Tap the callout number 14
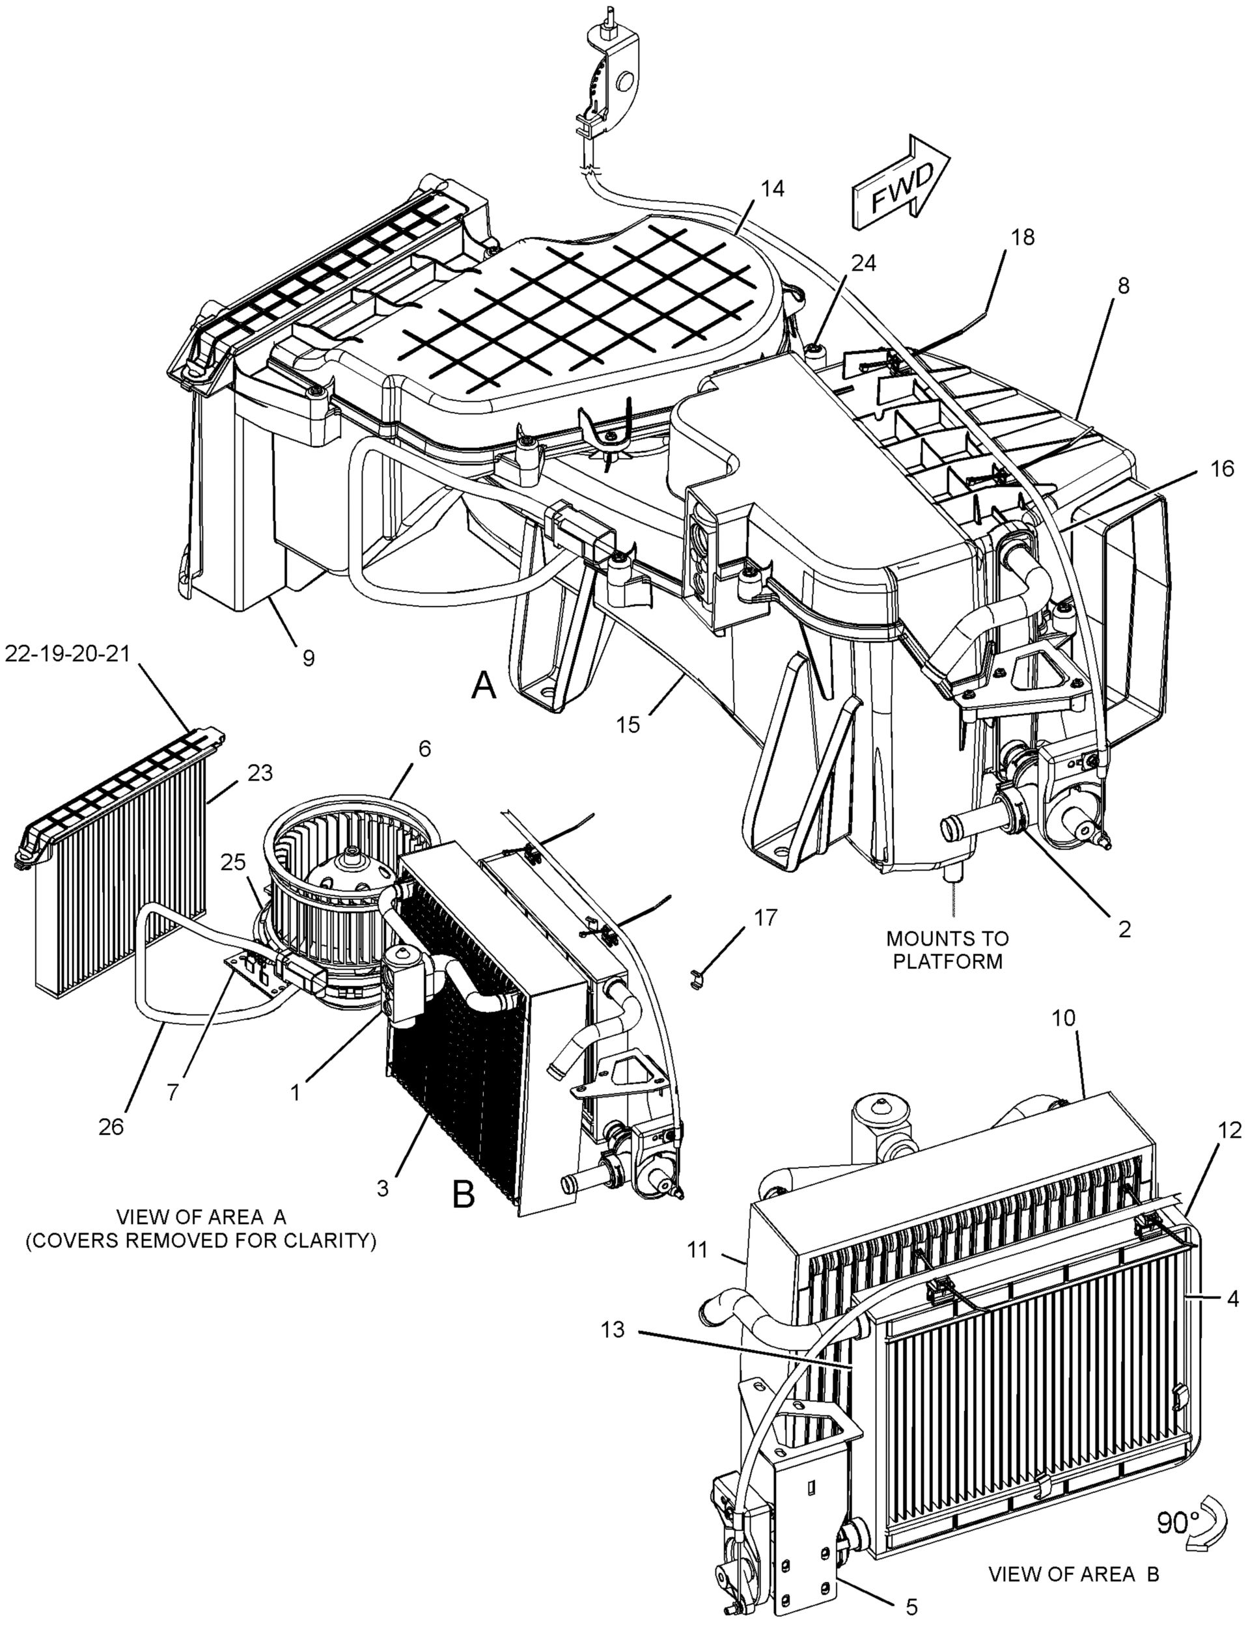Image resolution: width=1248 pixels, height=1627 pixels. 772,189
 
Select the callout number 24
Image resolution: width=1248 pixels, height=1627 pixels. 863,263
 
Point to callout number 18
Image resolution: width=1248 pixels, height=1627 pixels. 1022,237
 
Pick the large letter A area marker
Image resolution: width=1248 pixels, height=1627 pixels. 484,685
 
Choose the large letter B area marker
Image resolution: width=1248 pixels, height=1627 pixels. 464,1195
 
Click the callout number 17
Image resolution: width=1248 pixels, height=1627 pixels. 766,918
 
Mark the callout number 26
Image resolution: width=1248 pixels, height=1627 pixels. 111,1127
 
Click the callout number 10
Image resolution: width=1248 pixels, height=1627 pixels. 1064,1017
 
